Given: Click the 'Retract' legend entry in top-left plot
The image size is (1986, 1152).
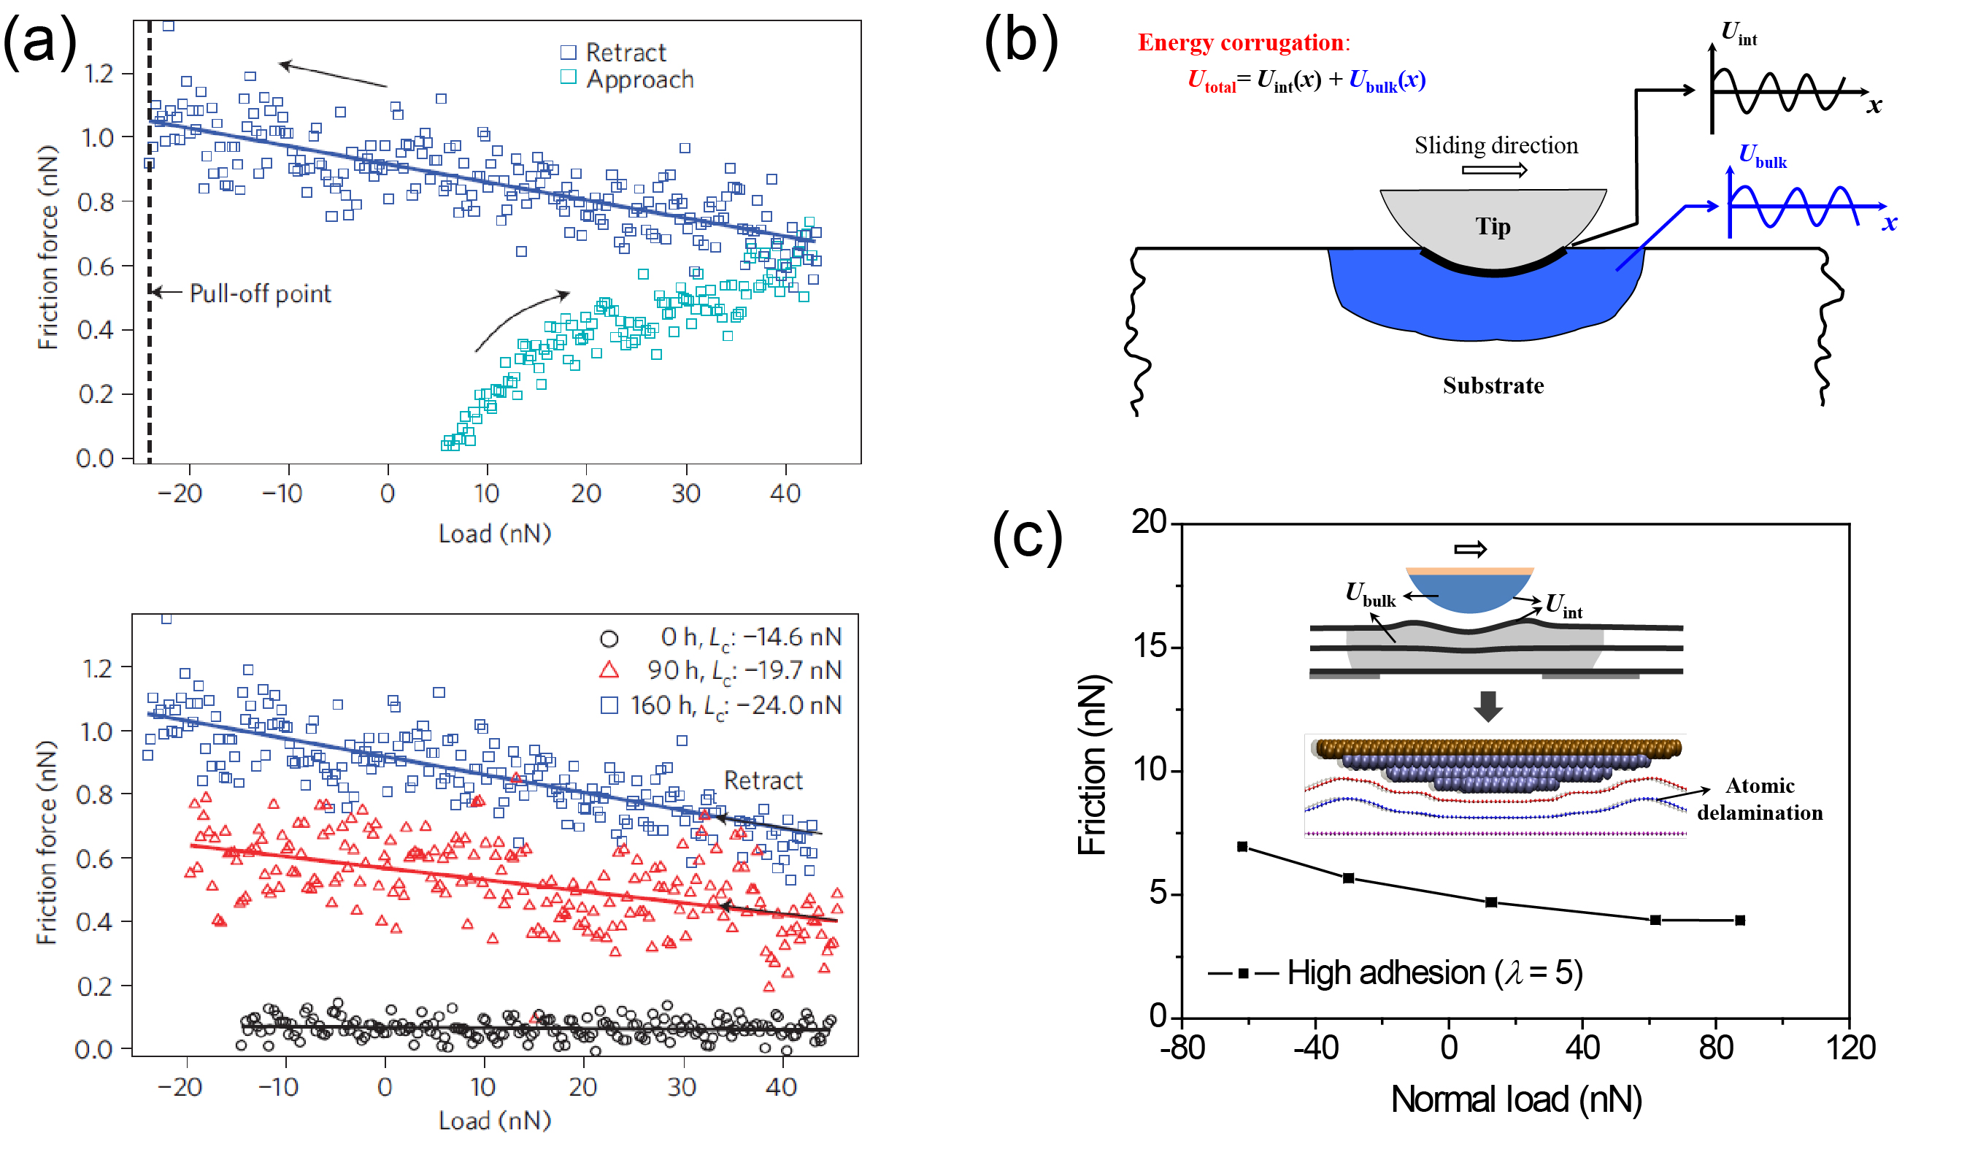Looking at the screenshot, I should click(x=615, y=52).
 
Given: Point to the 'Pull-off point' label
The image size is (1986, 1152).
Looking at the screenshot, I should click(x=260, y=293).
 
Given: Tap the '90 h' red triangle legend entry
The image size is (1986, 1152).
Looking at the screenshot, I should click(x=722, y=670).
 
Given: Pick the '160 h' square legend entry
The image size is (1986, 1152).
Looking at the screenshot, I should click(x=722, y=704).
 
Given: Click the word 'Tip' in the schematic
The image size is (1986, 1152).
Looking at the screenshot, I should click(x=1493, y=227).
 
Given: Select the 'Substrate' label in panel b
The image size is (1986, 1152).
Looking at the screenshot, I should click(x=1493, y=385).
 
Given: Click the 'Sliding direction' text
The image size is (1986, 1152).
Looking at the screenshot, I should click(x=1496, y=146).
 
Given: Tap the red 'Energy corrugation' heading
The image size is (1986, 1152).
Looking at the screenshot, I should click(x=1242, y=42).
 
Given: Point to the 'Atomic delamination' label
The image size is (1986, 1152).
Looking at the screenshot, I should click(x=1759, y=799).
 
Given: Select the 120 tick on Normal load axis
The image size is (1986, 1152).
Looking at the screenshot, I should click(x=1850, y=1048).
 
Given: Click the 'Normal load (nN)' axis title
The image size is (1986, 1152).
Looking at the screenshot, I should click(x=1515, y=1099).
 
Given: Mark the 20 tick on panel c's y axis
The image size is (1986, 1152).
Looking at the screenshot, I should click(x=1148, y=522).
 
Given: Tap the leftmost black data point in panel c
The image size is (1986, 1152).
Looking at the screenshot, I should click(x=1242, y=847).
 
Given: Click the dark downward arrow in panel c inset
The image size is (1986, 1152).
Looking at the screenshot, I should click(x=1487, y=706).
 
